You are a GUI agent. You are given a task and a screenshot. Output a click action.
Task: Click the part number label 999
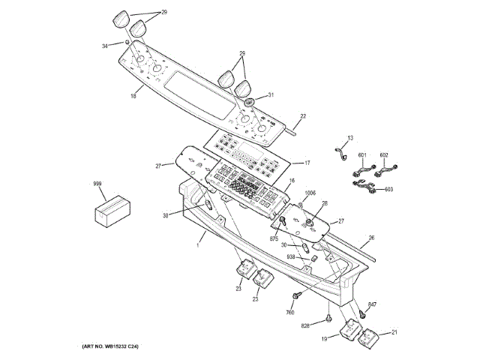point(97,184)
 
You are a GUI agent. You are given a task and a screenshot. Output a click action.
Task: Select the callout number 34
point(104,46)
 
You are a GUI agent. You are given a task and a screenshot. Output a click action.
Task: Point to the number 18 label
point(133,96)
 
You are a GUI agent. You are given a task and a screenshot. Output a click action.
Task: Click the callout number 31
point(271,95)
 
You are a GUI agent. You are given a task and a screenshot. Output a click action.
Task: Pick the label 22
point(304,116)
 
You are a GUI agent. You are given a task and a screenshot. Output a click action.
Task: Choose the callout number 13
point(349,138)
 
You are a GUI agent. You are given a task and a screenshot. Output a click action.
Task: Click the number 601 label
point(363,155)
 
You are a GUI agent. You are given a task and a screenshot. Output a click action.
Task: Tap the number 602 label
point(385,155)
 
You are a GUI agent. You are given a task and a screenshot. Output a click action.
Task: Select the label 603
point(388,189)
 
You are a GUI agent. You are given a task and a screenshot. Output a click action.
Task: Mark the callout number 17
point(306,162)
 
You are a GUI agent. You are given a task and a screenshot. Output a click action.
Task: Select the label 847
point(372,305)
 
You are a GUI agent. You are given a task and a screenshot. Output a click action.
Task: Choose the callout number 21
point(394,332)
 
